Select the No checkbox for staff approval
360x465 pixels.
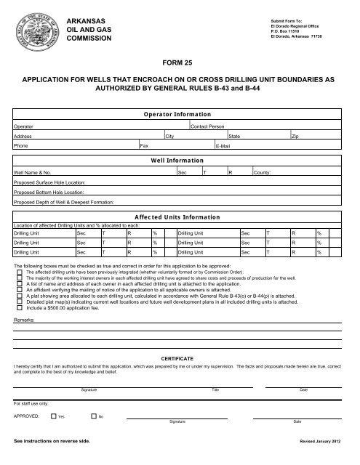(93, 416)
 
